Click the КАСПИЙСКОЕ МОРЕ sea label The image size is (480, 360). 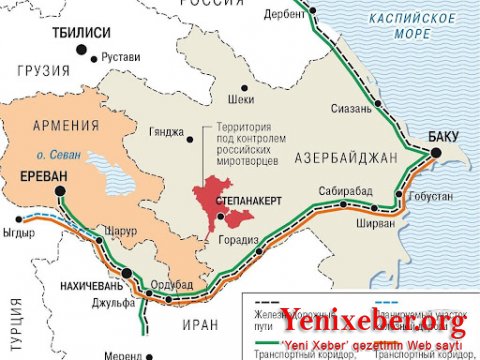[416, 27]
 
